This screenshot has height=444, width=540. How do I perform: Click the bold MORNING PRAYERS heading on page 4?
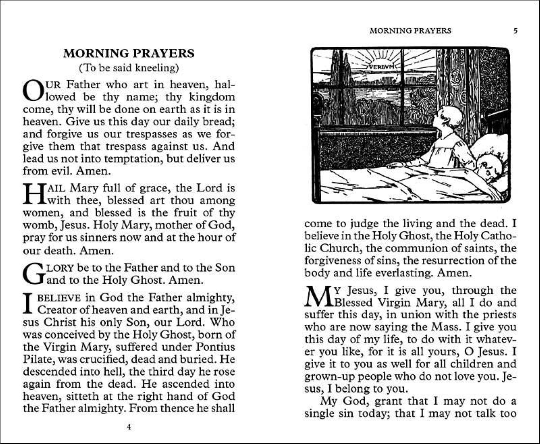129,53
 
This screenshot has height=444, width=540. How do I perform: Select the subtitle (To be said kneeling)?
129,68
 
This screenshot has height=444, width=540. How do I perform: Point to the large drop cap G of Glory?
33,274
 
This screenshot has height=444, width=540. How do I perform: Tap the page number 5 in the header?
515,30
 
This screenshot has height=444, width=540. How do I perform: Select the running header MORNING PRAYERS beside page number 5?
410,30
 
